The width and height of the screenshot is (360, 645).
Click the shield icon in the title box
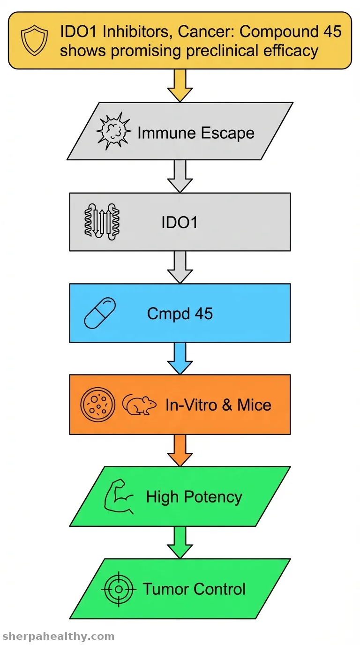tap(34, 40)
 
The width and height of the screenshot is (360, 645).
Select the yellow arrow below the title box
tap(180, 85)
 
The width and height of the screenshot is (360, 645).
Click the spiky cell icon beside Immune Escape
tap(113, 131)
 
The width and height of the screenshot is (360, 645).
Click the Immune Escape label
tap(196, 133)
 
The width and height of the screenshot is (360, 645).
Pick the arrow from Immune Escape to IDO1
tap(180, 176)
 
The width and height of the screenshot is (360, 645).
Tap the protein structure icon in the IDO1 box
tap(102, 221)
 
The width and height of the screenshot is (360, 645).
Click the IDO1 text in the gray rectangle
tap(180, 223)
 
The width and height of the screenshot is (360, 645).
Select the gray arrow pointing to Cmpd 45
tap(180, 267)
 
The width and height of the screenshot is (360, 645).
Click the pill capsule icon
tap(100, 313)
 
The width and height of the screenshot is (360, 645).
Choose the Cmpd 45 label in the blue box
tap(180, 313)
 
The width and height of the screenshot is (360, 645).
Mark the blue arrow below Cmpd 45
tap(180, 359)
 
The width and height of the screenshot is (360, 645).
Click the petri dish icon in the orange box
tap(97, 404)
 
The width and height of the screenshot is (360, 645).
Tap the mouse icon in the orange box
tap(139, 405)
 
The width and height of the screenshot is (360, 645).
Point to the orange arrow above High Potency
tap(180, 450)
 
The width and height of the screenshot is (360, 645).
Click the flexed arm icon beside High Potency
tap(119, 496)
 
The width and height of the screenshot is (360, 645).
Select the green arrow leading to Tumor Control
tap(180, 542)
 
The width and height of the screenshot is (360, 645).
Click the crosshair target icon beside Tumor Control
tap(119, 589)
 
